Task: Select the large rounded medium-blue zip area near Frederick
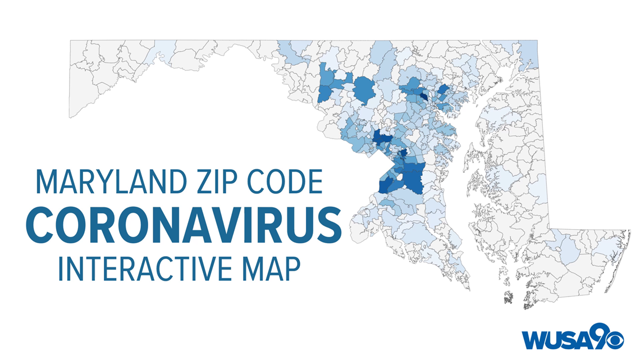[x=364, y=89]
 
